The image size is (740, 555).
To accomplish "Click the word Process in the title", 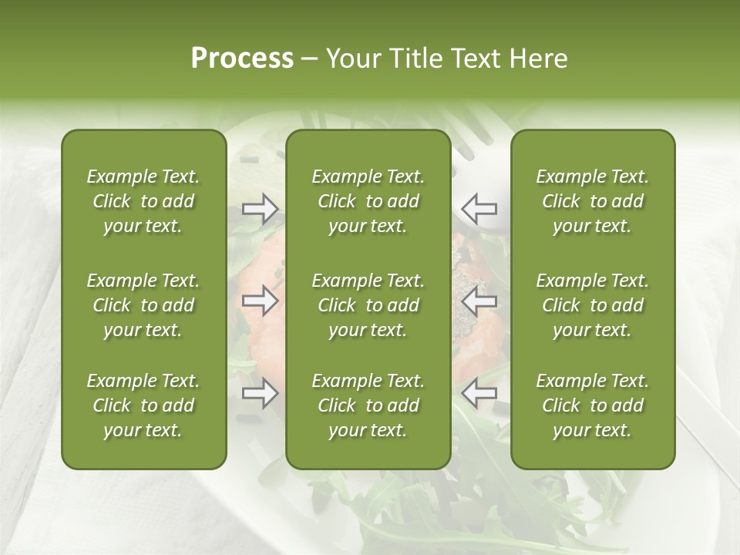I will (242, 59).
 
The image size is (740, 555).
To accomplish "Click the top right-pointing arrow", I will (261, 208).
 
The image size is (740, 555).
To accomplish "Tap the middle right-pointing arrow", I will (261, 301).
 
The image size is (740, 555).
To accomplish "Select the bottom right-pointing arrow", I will (261, 394).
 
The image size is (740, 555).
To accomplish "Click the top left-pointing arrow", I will (479, 208).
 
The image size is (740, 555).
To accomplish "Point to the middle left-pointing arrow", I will (479, 301).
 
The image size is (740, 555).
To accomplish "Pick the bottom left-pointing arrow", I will (479, 394).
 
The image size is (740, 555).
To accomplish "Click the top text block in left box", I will (143, 201).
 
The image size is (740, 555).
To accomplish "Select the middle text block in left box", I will (143, 305).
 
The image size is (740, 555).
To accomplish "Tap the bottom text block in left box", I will (143, 405).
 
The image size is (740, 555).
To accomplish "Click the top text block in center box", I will (368, 201).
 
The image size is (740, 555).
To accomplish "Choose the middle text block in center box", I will (368, 305).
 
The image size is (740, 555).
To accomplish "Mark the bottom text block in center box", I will (368, 405).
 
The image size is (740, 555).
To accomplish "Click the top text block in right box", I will (592, 201).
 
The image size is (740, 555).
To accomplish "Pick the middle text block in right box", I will (592, 305).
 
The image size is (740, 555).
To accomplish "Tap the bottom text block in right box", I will (592, 405).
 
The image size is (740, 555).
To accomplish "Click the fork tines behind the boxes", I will (475, 131).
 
